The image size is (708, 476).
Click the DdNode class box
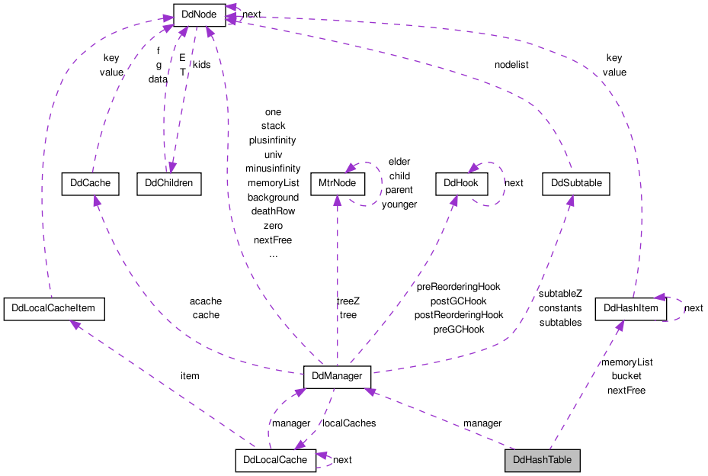pos(199,15)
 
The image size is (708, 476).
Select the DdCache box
pos(90,184)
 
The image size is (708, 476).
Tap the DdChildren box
pos(169,184)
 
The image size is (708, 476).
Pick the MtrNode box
pos(338,184)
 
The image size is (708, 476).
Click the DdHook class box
pos(462,184)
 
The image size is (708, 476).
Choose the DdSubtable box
pos(576,184)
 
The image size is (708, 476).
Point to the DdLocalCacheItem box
pos(54,309)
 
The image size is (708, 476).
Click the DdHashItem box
pos(631,309)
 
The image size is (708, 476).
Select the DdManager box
pos(337,377)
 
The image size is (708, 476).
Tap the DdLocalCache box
pos(275,461)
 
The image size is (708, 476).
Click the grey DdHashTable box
pos(543,461)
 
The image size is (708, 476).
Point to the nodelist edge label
pos(511,65)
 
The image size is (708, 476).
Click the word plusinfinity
pos(272,140)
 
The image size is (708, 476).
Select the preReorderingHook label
pos(458,287)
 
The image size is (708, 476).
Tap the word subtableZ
pos(560,294)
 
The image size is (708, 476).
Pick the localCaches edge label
pos(349,423)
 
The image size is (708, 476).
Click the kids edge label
pos(201,65)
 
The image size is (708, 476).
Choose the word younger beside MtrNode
pos(399,204)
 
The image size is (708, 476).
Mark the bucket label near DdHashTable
pos(626,376)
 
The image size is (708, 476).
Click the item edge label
pos(190,376)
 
